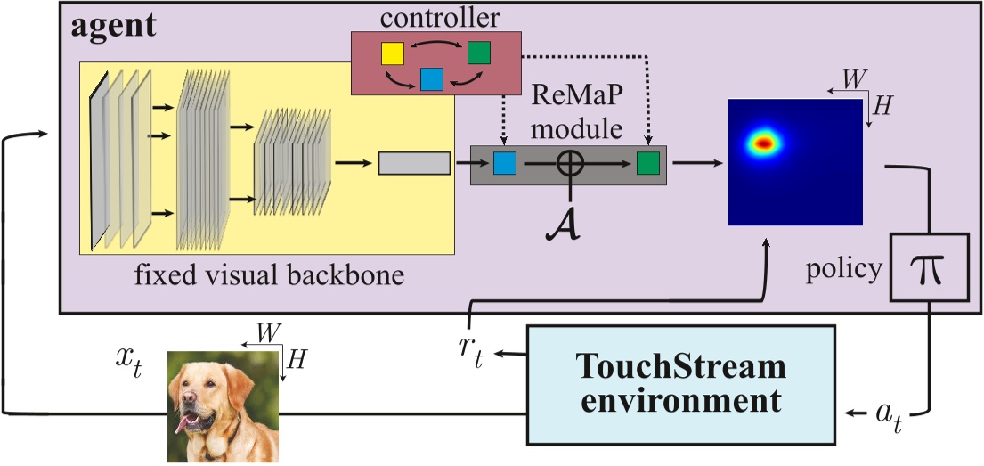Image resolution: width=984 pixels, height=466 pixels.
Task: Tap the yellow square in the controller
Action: tap(393, 53)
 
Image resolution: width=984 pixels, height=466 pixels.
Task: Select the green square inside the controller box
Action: tap(479, 53)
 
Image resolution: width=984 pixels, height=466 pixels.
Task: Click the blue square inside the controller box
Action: tap(432, 78)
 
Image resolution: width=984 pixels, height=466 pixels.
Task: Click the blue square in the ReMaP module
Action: tap(505, 164)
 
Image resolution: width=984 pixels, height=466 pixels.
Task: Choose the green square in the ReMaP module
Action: tap(647, 164)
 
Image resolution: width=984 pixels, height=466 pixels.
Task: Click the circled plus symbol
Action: tap(570, 164)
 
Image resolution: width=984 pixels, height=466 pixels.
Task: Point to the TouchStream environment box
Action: tap(681, 384)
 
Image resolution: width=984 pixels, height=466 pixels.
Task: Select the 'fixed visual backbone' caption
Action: tap(269, 274)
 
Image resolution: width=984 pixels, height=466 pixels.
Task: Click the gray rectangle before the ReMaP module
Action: tap(414, 164)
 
